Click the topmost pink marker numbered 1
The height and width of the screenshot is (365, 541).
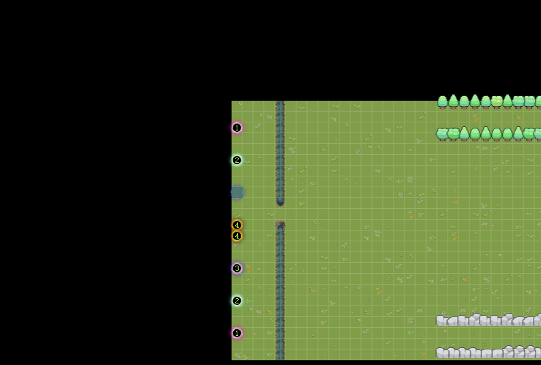[237, 128]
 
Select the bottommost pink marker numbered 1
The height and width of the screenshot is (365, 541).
[237, 333]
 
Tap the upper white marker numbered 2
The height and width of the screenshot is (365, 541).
[237, 160]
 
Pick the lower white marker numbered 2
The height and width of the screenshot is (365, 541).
[237, 301]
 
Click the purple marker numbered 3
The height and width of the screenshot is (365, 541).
[237, 268]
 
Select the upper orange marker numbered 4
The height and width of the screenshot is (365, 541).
[237, 225]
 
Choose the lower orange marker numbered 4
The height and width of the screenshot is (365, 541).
[237, 236]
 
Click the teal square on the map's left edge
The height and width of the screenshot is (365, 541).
[237, 193]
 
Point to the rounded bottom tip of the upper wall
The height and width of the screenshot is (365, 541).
[280, 203]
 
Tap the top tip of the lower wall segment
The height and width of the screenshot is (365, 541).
[280, 224]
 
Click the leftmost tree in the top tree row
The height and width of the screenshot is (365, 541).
[443, 102]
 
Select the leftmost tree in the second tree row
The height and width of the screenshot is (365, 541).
[442, 134]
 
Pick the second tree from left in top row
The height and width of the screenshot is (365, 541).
[453, 101]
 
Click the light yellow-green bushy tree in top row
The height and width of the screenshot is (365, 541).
[497, 102]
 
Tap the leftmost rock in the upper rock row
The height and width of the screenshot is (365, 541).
[441, 321]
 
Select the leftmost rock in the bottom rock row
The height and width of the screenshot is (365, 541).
[442, 353]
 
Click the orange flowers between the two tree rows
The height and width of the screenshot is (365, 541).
[476, 117]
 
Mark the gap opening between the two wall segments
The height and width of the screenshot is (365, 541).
[280, 214]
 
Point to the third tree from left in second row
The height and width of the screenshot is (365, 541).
[465, 134]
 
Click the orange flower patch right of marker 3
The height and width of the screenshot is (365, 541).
[249, 268]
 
